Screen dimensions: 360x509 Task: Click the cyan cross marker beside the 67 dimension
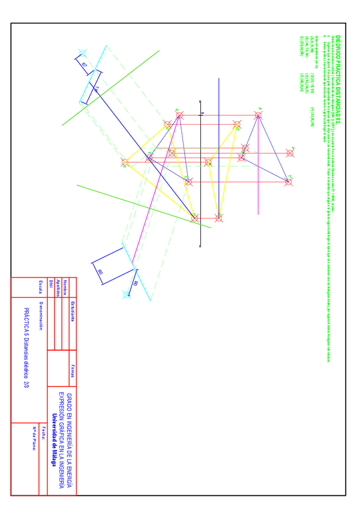pyautogui.click(x=82, y=53)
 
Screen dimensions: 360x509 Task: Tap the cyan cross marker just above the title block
pyautogui.click(x=126, y=294)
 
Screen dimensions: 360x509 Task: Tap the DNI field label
pyautogui.click(x=51, y=283)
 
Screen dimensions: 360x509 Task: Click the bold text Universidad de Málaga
pyautogui.click(x=53, y=440)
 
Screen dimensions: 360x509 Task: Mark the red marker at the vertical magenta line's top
pyautogui.click(x=259, y=116)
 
